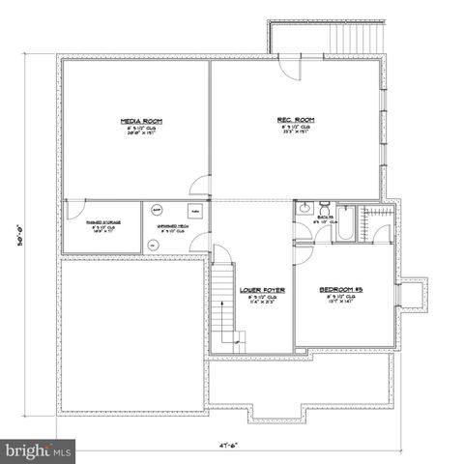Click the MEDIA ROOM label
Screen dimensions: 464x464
(140, 121)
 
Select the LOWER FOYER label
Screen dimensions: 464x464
(263, 288)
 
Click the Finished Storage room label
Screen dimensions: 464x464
(100, 223)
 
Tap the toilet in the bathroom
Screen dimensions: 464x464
(324, 209)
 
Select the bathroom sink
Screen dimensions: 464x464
(304, 207)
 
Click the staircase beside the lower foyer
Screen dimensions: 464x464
(224, 304)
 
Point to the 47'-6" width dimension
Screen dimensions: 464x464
(230, 447)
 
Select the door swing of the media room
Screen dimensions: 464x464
(199, 187)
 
